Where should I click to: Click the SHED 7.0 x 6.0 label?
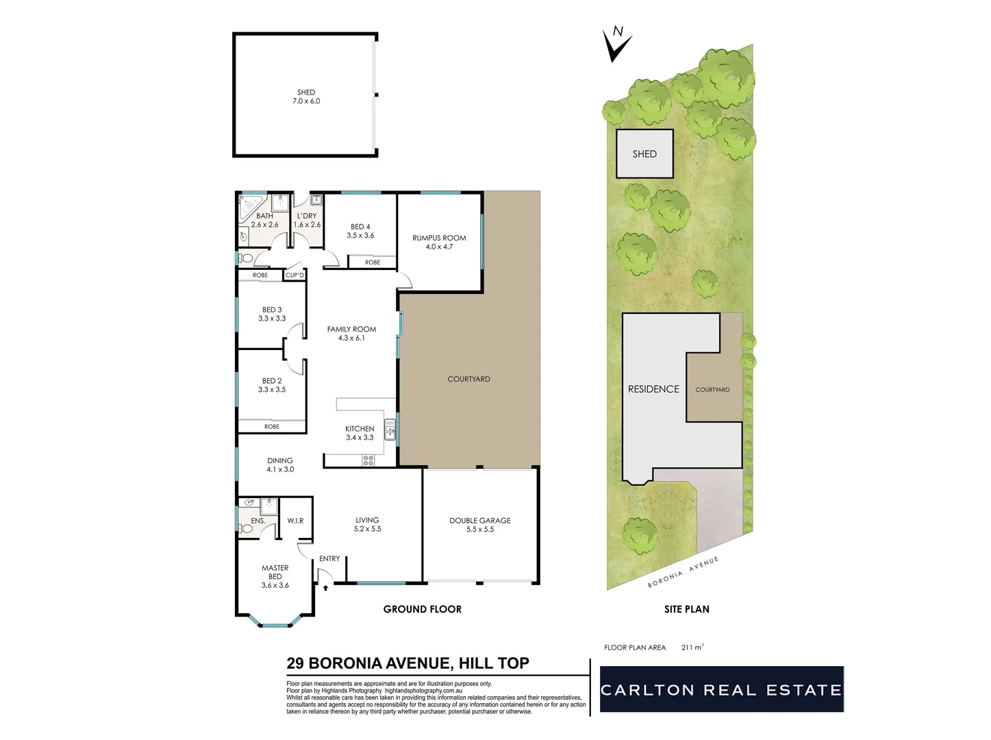tap(306, 97)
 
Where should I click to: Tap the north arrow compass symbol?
tap(617, 44)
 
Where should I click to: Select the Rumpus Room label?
tap(439, 243)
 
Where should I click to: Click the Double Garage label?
tap(480, 525)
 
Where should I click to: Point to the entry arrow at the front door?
tap(325, 587)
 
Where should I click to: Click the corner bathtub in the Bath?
tap(249, 205)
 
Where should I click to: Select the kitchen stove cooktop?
tap(368, 460)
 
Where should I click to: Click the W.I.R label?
tap(295, 521)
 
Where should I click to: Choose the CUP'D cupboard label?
tap(294, 275)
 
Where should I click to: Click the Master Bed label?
tap(275, 576)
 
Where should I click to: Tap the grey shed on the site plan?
tap(644, 154)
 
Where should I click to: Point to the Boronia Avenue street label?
tap(683, 572)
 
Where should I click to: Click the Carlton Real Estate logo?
tap(721, 689)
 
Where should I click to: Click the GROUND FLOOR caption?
tap(422, 609)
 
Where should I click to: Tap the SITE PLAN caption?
tap(686, 609)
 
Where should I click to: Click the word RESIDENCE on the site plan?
tap(653, 389)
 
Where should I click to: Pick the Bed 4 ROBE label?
tap(373, 262)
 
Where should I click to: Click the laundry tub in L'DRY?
tap(316, 201)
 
